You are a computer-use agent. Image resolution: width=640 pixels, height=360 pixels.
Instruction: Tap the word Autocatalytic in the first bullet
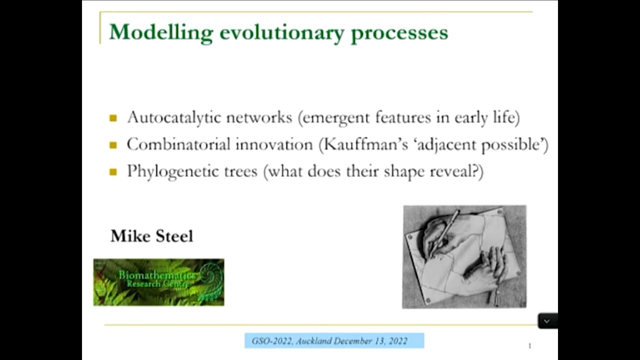click(174, 117)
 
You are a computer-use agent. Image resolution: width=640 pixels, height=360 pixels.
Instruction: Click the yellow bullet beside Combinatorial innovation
click(113, 145)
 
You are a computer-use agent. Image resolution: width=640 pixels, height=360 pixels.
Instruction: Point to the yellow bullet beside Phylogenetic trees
click(113, 172)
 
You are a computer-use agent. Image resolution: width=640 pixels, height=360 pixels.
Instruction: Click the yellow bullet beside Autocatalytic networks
click(113, 118)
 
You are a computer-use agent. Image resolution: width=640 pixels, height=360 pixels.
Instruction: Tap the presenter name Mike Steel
click(151, 236)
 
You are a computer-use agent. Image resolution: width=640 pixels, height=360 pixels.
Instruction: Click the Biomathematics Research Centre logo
click(158, 282)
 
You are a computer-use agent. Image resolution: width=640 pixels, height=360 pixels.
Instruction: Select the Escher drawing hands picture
click(464, 256)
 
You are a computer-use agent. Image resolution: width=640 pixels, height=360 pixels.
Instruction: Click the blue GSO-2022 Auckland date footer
click(334, 341)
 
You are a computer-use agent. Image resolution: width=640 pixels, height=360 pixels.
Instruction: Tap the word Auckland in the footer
click(313, 341)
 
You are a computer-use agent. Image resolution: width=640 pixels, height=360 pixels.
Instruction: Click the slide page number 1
click(529, 345)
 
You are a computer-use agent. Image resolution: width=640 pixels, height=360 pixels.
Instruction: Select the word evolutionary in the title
click(281, 32)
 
